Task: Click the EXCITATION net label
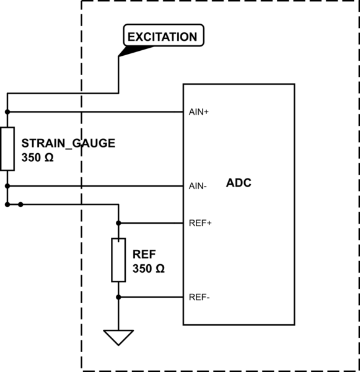pyautogui.click(x=162, y=37)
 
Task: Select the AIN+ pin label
pyautogui.click(x=199, y=112)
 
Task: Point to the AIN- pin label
pyautogui.click(x=198, y=186)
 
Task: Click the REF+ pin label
pyautogui.click(x=200, y=223)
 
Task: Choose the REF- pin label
pyautogui.click(x=199, y=297)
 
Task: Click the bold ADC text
pyautogui.click(x=239, y=184)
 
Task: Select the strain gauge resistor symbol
pyautogui.click(x=7, y=149)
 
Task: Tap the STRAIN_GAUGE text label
pyautogui.click(x=68, y=143)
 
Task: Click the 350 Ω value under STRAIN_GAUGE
pyautogui.click(x=37, y=157)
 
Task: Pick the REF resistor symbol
pyautogui.click(x=118, y=260)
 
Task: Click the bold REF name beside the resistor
pyautogui.click(x=144, y=255)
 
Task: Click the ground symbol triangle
pyautogui.click(x=118, y=337)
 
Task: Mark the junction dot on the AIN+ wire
pyautogui.click(x=7, y=112)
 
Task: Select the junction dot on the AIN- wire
pyautogui.click(x=7, y=186)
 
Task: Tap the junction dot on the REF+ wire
pyautogui.click(x=118, y=223)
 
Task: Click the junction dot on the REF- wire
pyautogui.click(x=118, y=297)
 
